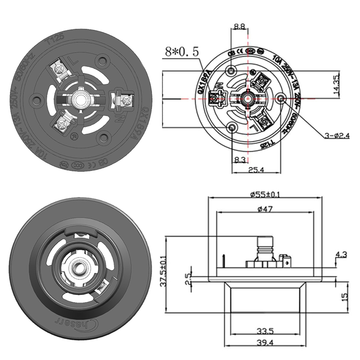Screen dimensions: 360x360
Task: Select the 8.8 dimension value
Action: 240,27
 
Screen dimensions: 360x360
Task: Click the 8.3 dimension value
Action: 240,159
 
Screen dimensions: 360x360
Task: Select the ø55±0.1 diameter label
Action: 265,194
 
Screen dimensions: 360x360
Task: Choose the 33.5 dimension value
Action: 265,331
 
